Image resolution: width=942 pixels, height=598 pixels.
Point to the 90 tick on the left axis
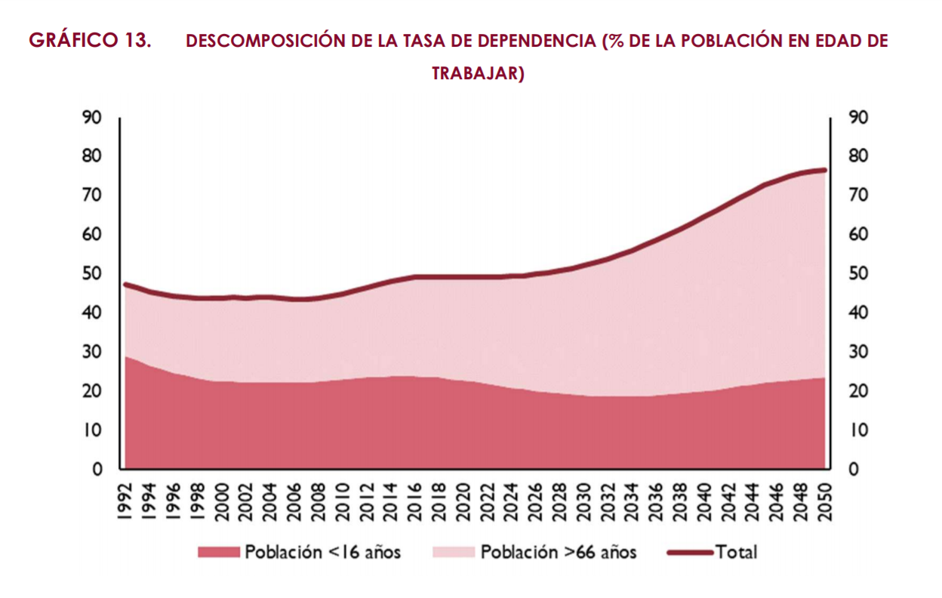(x=93, y=117)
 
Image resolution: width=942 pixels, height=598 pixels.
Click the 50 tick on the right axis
(x=858, y=273)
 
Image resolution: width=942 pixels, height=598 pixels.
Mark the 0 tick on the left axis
(x=97, y=469)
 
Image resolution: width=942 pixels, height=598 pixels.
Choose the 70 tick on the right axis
(x=858, y=195)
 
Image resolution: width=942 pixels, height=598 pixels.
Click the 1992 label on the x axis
(x=125, y=501)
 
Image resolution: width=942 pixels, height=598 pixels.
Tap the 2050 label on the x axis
(x=824, y=501)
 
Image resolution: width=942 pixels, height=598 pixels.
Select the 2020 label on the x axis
(x=463, y=501)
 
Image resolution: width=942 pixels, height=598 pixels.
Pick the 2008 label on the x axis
(x=318, y=501)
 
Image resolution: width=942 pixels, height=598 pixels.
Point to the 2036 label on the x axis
(x=655, y=501)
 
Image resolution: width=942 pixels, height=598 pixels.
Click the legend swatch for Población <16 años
(x=218, y=552)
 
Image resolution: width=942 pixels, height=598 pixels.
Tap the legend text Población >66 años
(x=559, y=552)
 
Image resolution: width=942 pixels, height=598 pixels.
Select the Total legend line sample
(x=690, y=552)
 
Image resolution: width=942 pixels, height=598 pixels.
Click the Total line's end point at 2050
(x=824, y=170)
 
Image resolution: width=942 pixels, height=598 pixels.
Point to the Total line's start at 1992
(x=125, y=284)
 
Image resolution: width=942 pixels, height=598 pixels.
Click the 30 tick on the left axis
(x=93, y=352)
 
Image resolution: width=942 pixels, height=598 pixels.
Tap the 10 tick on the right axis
(x=858, y=430)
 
